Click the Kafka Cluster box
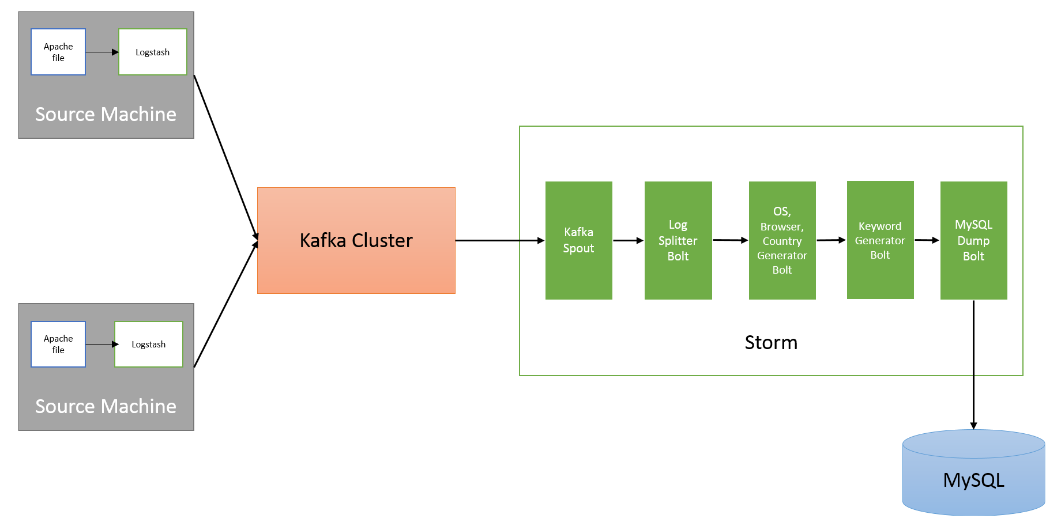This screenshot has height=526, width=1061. click(x=356, y=240)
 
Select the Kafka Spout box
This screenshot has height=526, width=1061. click(x=578, y=240)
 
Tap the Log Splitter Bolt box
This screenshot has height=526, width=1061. click(x=678, y=240)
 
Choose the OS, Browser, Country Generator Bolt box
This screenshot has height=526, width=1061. click(x=782, y=240)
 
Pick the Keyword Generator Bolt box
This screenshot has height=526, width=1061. click(x=880, y=240)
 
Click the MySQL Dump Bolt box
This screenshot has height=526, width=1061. click(x=973, y=240)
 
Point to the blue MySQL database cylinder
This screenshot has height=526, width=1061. click(x=973, y=472)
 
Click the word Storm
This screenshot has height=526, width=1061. click(x=771, y=343)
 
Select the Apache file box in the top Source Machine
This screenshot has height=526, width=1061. click(x=58, y=52)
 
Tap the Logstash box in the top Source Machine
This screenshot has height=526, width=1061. click(x=153, y=52)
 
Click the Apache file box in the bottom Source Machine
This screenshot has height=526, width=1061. click(x=58, y=344)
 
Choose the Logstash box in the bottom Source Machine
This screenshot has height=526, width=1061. click(x=149, y=344)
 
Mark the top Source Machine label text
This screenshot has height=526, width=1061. click(x=106, y=114)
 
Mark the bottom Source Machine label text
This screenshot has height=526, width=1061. click(x=106, y=406)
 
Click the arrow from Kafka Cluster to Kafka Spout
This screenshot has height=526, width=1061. click(x=500, y=240)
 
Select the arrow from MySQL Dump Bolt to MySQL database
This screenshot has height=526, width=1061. click(x=973, y=365)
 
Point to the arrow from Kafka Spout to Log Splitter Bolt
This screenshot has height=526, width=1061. click(x=629, y=240)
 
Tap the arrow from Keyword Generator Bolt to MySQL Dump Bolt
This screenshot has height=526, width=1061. click(x=927, y=240)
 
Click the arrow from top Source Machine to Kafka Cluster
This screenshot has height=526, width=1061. click(x=226, y=157)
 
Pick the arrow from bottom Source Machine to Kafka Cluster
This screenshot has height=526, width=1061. click(x=226, y=304)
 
